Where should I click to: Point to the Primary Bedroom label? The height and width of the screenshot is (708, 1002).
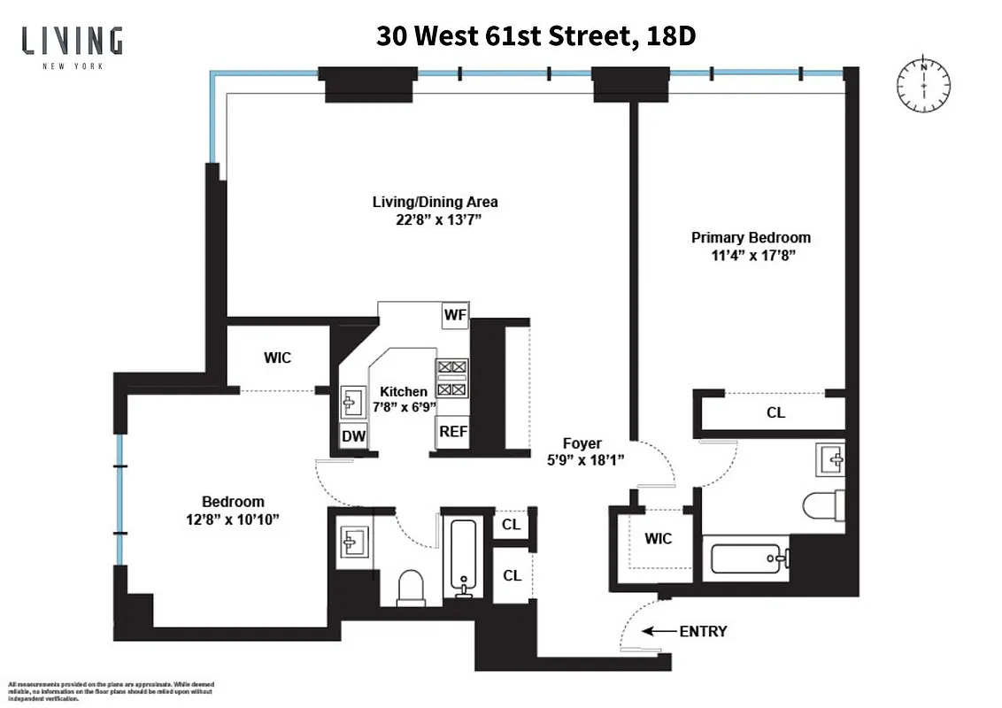(751, 237)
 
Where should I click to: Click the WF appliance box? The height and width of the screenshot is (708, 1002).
(455, 316)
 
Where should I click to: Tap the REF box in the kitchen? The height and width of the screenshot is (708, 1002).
(453, 432)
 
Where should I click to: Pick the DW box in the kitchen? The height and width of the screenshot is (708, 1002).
(354, 435)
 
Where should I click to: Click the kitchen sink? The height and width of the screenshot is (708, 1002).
(351, 403)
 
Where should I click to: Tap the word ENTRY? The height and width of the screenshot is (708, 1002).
(703, 632)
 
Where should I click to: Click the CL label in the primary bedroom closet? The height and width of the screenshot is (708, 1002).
(775, 412)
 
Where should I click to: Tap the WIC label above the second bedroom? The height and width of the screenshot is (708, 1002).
(277, 358)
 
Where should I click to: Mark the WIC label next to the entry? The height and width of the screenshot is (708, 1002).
(658, 539)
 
